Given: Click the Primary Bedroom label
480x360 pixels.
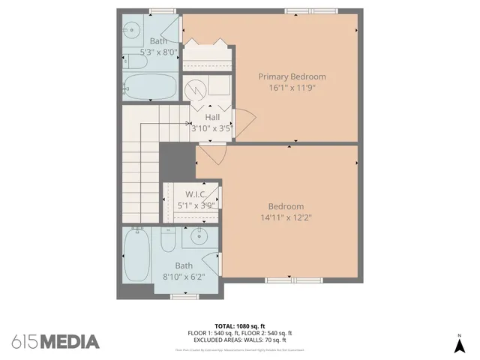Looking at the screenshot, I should click(x=292, y=76).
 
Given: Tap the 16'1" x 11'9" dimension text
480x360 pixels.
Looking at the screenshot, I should click(x=292, y=88).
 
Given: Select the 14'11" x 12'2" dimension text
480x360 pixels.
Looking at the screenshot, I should click(x=286, y=218).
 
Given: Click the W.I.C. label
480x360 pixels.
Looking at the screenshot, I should click(x=191, y=193).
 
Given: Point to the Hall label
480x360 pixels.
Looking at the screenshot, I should click(x=212, y=117).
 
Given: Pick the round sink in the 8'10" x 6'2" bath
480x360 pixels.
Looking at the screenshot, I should click(x=199, y=239).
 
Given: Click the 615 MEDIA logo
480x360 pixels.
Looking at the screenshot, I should click(x=55, y=341).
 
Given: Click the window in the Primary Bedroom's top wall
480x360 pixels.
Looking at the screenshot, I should click(x=310, y=10).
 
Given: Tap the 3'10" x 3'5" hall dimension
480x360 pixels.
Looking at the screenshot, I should click(x=212, y=128).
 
